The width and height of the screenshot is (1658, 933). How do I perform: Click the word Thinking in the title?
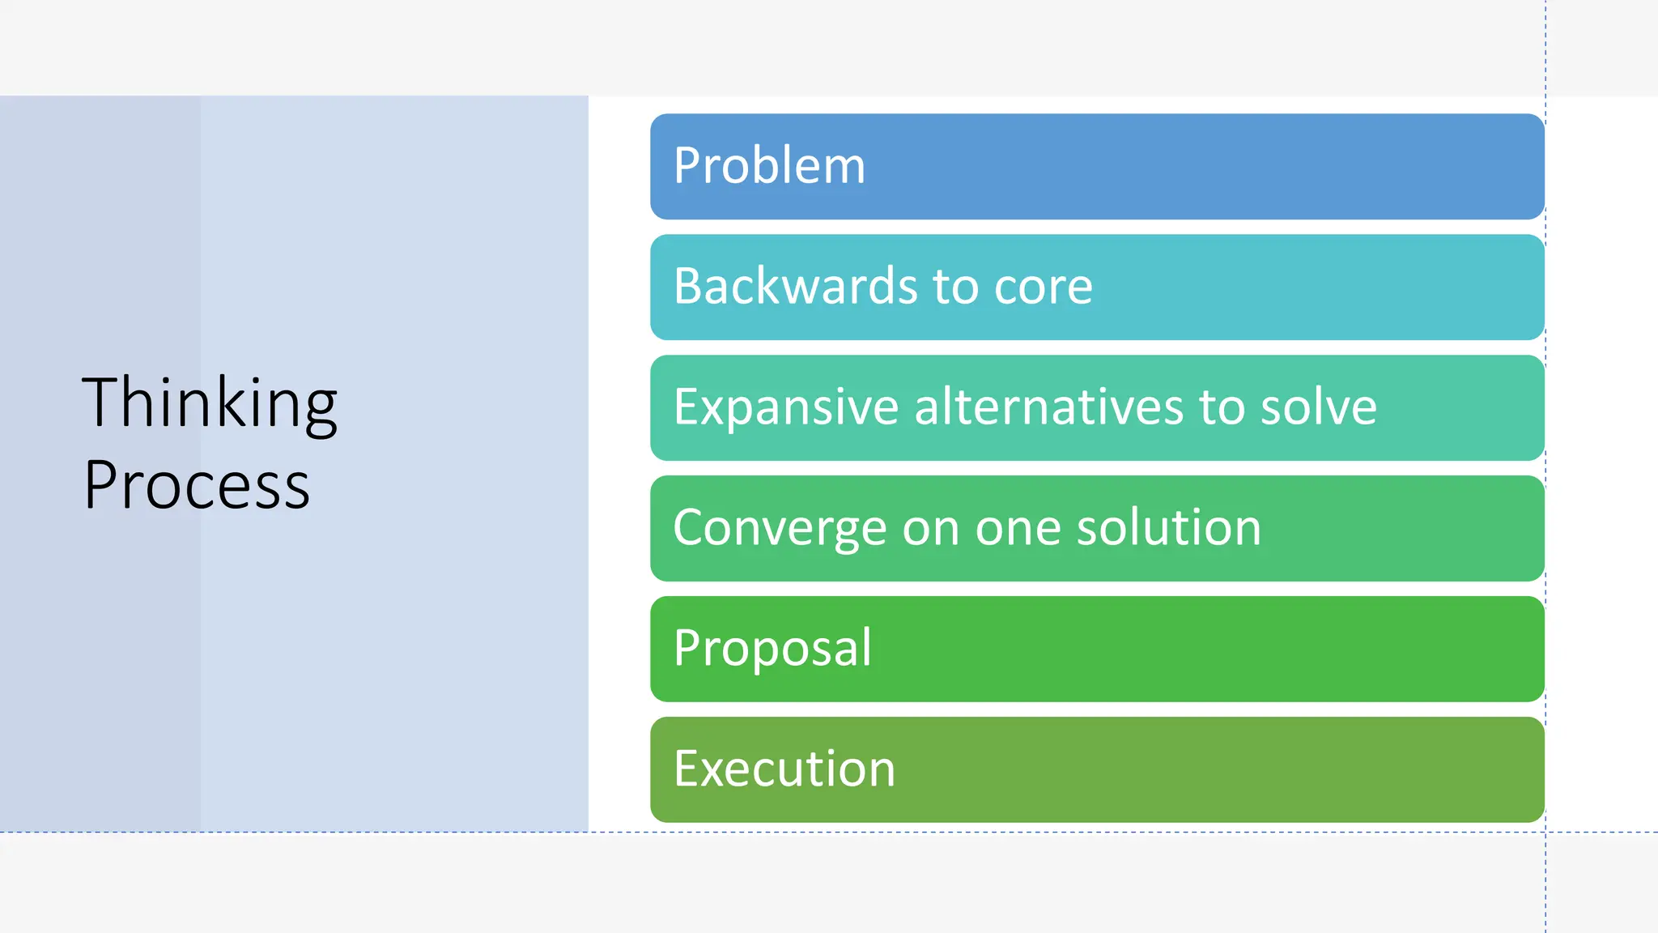click(209, 403)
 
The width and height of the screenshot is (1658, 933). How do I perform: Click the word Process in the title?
click(197, 485)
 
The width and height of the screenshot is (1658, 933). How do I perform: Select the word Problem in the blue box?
click(769, 165)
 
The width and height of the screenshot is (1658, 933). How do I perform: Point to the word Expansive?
click(785, 407)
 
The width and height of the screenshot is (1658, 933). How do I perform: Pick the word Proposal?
click(772, 648)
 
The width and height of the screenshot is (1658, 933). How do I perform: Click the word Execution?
click(784, 769)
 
